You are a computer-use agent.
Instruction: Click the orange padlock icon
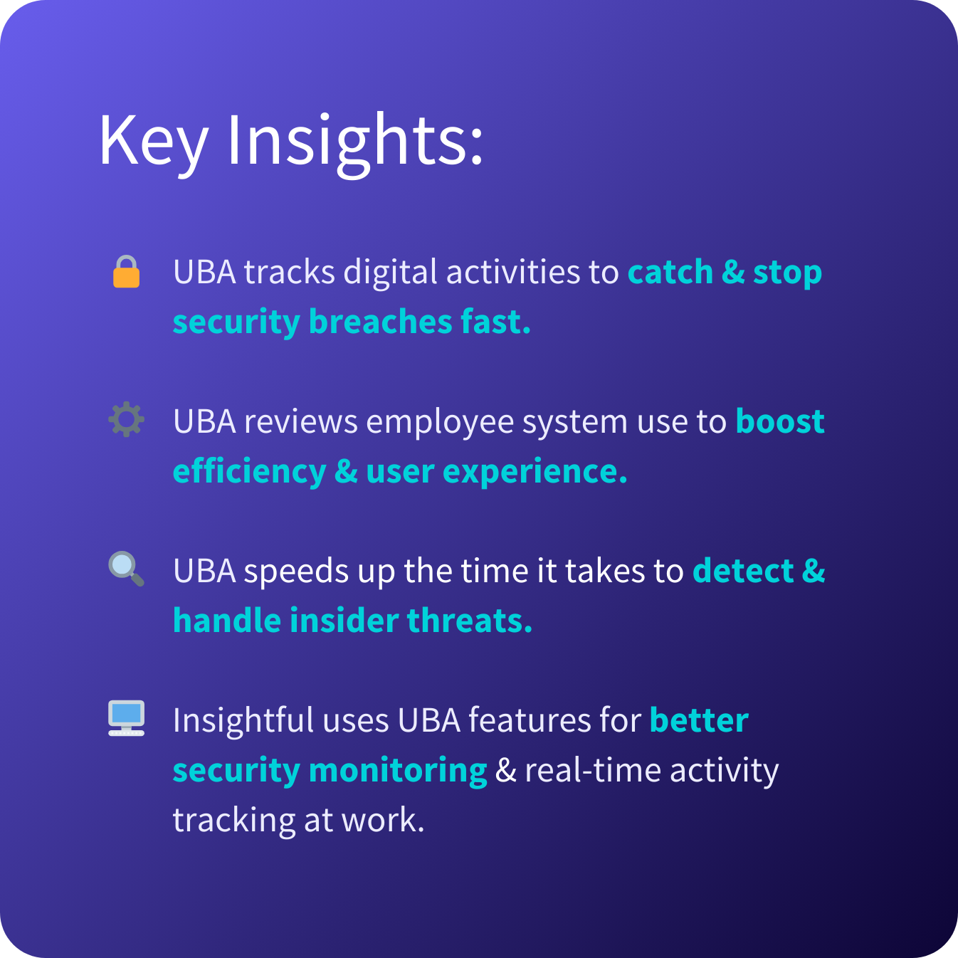click(x=126, y=271)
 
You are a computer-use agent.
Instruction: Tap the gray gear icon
click(x=126, y=419)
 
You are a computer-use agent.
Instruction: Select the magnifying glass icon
click(x=126, y=569)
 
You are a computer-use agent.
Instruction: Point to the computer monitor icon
click(x=126, y=718)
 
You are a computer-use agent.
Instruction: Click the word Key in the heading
click(x=153, y=142)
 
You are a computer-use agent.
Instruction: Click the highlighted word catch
click(x=670, y=272)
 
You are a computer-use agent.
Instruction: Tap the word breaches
click(x=380, y=322)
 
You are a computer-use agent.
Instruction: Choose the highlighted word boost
click(x=779, y=421)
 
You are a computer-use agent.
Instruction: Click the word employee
click(x=440, y=423)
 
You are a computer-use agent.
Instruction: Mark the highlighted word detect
click(x=743, y=571)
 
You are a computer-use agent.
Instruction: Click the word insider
click(x=344, y=621)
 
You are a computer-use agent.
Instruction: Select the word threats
click(x=470, y=621)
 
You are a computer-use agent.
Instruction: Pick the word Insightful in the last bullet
click(x=243, y=720)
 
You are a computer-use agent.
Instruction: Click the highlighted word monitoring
click(x=398, y=771)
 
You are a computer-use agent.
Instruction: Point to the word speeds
click(x=296, y=572)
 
